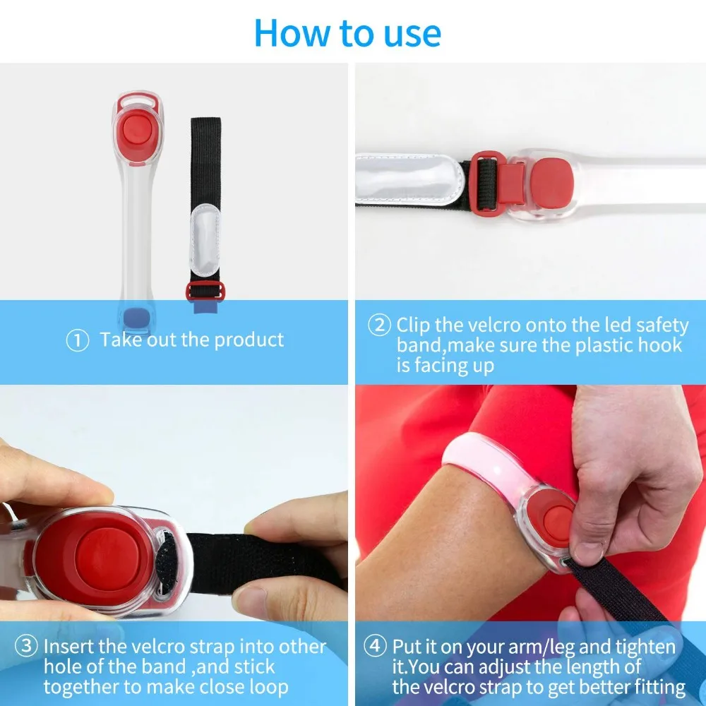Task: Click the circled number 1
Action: pyautogui.click(x=78, y=341)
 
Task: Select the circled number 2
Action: pyautogui.click(x=380, y=325)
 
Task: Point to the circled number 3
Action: pyautogui.click(x=26, y=647)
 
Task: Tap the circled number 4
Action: pyautogui.click(x=375, y=647)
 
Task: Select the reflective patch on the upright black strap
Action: pyautogui.click(x=205, y=239)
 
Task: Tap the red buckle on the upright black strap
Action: pyautogui.click(x=205, y=290)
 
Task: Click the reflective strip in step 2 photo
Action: pyautogui.click(x=408, y=179)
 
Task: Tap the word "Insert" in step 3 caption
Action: pyautogui.click(x=69, y=647)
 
